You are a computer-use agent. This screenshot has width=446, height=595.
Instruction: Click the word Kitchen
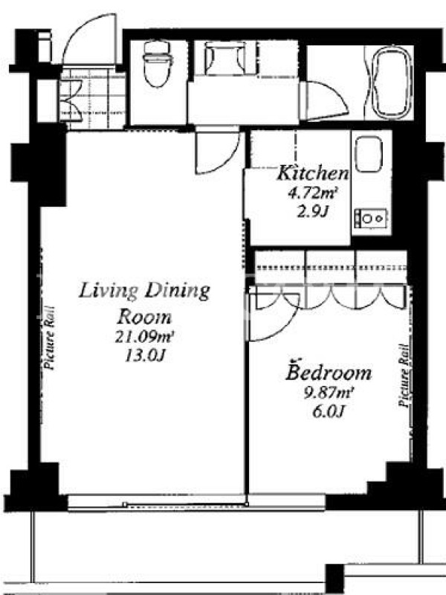[313, 173]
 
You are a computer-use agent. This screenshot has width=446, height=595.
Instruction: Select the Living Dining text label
[144, 291]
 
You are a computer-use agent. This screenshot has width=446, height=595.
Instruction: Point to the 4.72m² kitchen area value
[312, 193]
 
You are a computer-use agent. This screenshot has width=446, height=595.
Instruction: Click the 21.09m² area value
[144, 336]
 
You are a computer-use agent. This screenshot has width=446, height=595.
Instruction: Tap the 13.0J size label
[145, 356]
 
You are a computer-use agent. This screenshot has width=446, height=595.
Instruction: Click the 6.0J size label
[329, 411]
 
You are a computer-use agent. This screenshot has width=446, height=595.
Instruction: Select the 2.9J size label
[312, 212]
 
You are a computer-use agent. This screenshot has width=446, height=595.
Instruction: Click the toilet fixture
[158, 64]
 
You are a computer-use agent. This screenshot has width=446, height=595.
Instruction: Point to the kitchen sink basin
[368, 155]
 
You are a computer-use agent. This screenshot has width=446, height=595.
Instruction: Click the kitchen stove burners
[370, 219]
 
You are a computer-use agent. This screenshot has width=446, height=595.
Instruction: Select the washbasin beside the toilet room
[226, 58]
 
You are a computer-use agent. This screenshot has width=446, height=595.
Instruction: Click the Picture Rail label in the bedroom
[404, 376]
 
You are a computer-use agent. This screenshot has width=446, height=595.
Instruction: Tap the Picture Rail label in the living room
[50, 338]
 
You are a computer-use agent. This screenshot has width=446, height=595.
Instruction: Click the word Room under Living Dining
[144, 317]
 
